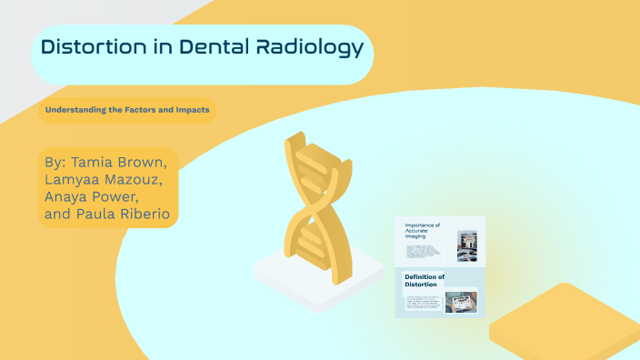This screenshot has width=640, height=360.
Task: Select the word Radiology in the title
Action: click(x=305, y=47)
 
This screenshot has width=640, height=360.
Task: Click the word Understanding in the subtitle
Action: click(x=77, y=110)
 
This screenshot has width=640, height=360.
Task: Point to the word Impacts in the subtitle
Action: click(x=190, y=110)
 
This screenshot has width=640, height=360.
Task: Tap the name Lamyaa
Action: click(x=73, y=180)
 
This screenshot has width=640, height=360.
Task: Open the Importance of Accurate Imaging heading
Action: click(x=423, y=232)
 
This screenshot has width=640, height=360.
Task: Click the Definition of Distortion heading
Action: click(x=425, y=280)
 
